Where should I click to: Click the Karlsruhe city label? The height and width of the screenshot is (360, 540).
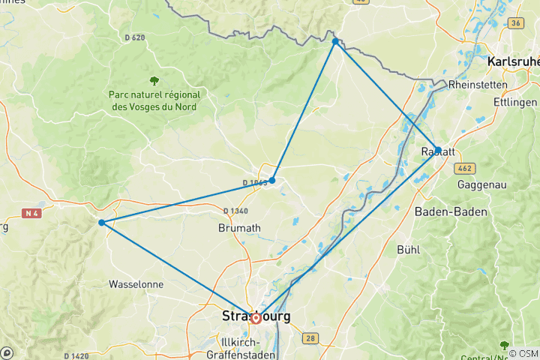(x=514, y=61)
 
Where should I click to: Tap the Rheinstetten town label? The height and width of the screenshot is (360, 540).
(x=478, y=85)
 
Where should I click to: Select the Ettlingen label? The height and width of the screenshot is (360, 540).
(x=516, y=102)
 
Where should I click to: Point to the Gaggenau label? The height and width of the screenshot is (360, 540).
(x=483, y=184)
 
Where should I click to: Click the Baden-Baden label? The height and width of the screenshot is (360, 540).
(x=451, y=212)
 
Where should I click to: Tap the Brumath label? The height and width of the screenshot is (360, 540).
(x=239, y=227)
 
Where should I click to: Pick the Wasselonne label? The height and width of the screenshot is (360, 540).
(x=136, y=285)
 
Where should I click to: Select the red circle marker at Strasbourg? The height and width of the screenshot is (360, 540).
(x=256, y=318)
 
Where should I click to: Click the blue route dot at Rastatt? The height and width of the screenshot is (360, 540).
(x=437, y=149)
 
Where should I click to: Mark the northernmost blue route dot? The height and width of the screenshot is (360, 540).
(x=335, y=42)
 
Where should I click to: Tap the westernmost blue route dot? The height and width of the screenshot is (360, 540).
(x=101, y=222)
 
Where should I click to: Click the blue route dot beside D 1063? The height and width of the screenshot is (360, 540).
(x=272, y=180)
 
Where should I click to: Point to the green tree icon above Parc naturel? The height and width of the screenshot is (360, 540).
(x=154, y=80)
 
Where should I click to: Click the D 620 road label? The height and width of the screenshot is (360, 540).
(x=135, y=37)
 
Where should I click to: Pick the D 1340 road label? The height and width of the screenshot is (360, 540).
(x=235, y=211)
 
